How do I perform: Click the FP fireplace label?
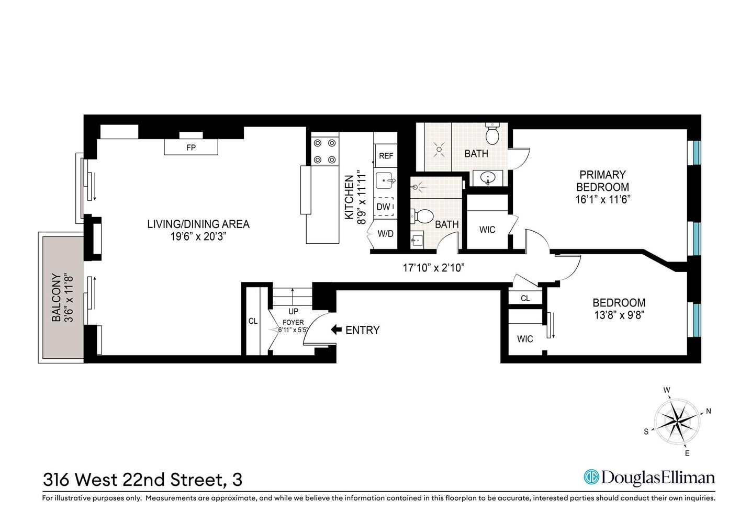click(x=191, y=147)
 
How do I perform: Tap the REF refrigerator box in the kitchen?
click(x=386, y=156)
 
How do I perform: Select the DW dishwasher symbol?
click(x=384, y=207)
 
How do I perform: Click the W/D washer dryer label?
click(x=386, y=234)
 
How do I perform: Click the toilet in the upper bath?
click(x=492, y=134)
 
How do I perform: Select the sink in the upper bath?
click(x=488, y=178)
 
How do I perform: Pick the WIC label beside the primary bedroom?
click(x=487, y=230)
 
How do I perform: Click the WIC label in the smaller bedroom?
click(x=525, y=339)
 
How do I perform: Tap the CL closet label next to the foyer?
click(x=253, y=321)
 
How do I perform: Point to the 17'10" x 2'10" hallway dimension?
click(x=433, y=268)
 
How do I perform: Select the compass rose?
click(x=677, y=420)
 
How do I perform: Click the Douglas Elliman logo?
click(x=649, y=477)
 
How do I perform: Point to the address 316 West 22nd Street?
click(x=142, y=479)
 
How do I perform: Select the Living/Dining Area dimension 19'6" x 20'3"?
click(x=198, y=236)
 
